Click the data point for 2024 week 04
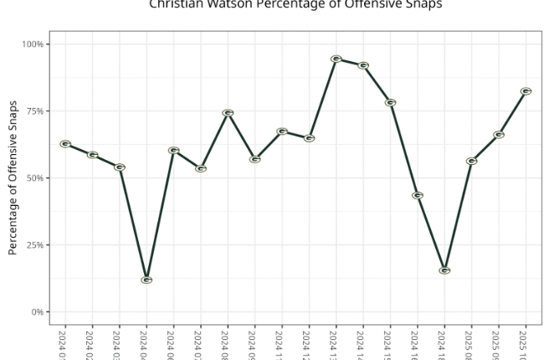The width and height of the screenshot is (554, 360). (x=146, y=280)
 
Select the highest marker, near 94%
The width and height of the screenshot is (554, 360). (x=336, y=59)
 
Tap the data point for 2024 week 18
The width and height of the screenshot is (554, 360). (x=444, y=270)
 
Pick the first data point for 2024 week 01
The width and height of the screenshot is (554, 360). (x=65, y=144)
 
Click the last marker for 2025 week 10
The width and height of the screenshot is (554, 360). (x=526, y=90)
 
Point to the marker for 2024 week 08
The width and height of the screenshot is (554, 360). (x=228, y=113)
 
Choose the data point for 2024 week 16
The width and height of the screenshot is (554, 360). (x=417, y=195)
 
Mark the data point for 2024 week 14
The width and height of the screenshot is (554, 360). (x=363, y=65)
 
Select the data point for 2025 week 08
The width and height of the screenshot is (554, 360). (x=471, y=161)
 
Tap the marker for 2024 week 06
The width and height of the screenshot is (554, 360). (x=173, y=151)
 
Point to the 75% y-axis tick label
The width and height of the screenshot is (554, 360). (x=36, y=111)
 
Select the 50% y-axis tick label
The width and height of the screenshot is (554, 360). (x=36, y=178)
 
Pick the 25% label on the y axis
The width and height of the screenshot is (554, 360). (x=36, y=245)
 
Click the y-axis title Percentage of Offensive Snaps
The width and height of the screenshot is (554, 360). (x=13, y=177)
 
